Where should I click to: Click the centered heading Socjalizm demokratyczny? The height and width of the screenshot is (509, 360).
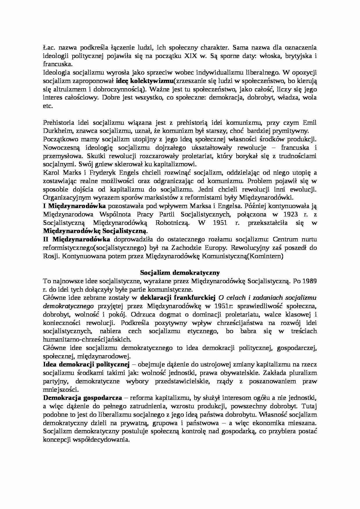click(x=180, y=273)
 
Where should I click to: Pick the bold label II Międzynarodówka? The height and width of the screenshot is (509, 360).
click(x=77, y=240)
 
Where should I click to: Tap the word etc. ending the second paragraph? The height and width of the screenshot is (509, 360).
click(x=48, y=106)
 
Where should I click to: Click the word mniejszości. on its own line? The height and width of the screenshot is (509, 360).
click(x=60, y=389)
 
